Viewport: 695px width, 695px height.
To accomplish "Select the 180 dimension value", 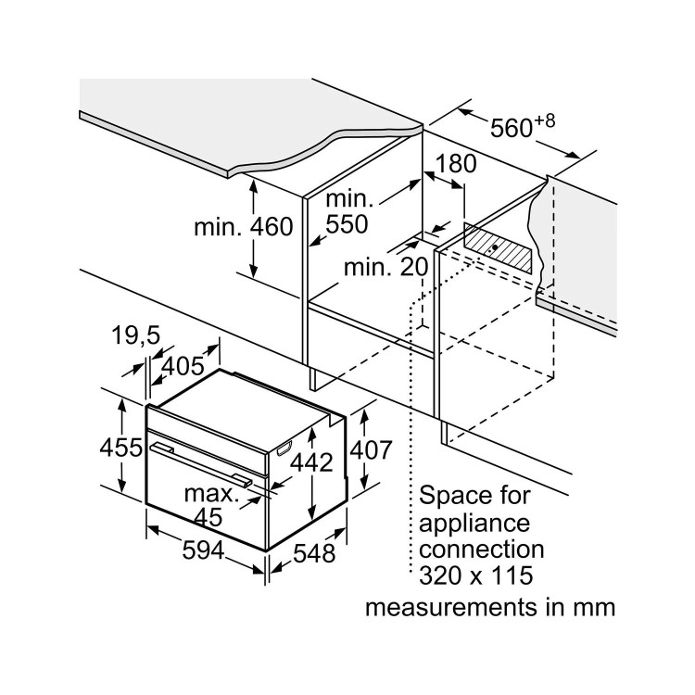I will [x=456, y=164].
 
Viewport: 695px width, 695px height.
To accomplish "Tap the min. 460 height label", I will [x=244, y=227].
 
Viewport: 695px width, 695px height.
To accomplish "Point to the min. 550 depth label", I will [x=347, y=211].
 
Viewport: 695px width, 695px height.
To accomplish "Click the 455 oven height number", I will [x=120, y=448].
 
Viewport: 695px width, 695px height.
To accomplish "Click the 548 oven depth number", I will [x=313, y=553].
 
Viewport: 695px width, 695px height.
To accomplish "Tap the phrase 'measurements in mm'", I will [x=488, y=608].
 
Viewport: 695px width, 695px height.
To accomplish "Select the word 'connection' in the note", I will [x=482, y=550].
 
